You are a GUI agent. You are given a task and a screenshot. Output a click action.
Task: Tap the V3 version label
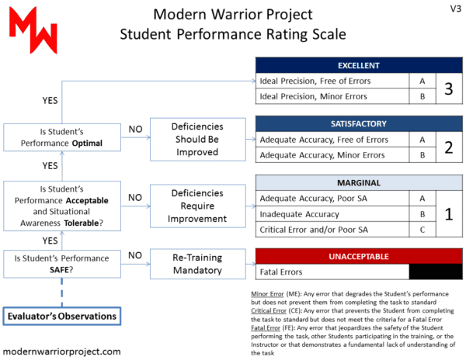[452, 9]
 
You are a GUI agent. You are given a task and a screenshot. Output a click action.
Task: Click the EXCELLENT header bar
[358, 64]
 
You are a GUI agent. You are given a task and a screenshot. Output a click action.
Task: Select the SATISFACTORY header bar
[358, 123]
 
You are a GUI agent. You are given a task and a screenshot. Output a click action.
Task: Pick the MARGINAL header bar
[358, 182]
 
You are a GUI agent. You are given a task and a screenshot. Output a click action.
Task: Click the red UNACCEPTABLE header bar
[358, 256]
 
